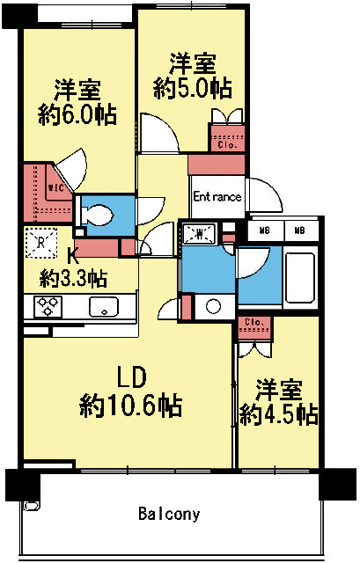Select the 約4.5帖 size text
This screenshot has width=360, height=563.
pos(280,414)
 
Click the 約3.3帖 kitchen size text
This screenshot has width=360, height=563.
pos(74,279)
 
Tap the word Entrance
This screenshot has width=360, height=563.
pos(217,197)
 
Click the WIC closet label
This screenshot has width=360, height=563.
pos(54,186)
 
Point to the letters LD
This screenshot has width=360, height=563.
pos(131,376)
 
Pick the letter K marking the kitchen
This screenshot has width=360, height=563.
pos(74,258)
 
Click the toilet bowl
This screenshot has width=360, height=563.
pos(97,213)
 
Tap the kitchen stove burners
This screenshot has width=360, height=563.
pos(46,306)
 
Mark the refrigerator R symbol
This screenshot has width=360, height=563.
pos(39,241)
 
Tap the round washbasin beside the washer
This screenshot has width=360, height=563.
pos(212,307)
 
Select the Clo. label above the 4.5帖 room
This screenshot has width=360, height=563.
pos(253,322)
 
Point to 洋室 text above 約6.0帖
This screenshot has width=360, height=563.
pos(77,91)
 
